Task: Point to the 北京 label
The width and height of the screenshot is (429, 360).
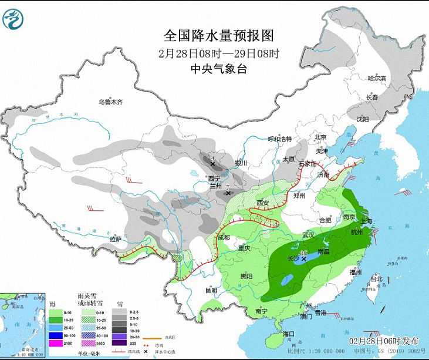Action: point(320,137)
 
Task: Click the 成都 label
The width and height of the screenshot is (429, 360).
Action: point(224,238)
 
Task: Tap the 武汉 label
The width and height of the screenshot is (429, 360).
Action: point(309,235)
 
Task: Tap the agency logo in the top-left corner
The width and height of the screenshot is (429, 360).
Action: point(12,19)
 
